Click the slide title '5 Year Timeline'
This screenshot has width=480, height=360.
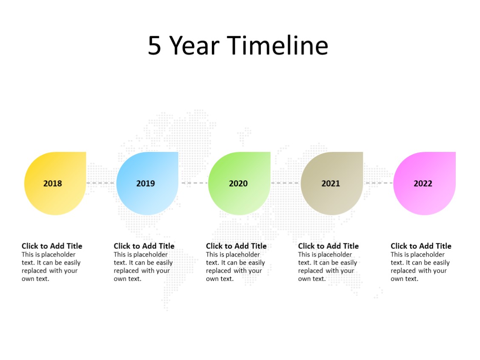(238, 46)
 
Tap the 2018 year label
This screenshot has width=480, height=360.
(53, 183)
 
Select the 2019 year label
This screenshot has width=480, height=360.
(146, 183)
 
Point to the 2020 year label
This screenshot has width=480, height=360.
(238, 183)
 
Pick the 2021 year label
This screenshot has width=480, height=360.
(331, 183)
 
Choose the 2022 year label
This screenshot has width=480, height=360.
(423, 183)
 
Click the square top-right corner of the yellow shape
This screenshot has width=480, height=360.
(83, 155)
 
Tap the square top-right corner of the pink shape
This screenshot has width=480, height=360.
(452, 155)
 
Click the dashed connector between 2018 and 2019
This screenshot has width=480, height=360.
(101, 183)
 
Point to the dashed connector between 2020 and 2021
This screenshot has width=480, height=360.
(286, 183)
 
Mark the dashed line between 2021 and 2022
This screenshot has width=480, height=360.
(378, 183)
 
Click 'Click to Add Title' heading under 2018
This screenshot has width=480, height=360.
(52, 246)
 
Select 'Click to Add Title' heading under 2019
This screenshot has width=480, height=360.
(144, 246)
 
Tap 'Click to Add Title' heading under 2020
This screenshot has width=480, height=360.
(236, 246)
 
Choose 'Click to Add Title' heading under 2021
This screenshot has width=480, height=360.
(328, 246)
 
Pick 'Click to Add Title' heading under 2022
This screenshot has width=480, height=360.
(421, 246)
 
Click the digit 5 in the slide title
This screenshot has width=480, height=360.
(154, 46)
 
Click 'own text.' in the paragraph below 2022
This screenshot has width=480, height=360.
(404, 279)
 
